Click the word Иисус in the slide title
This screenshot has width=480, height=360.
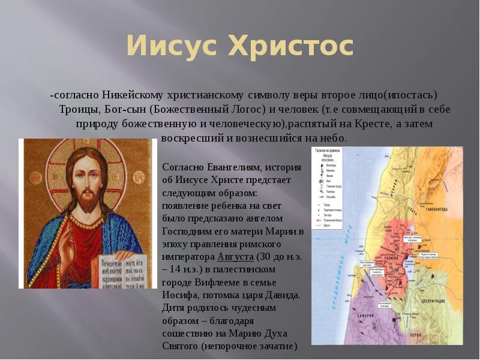pos(170,47)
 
